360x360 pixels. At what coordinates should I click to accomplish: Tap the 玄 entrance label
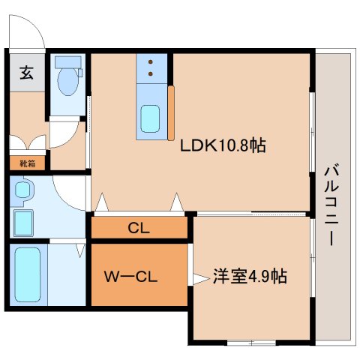click(26, 73)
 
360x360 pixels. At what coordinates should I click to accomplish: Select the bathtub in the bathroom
click(28, 275)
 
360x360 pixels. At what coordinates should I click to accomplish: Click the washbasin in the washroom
click(22, 190)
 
